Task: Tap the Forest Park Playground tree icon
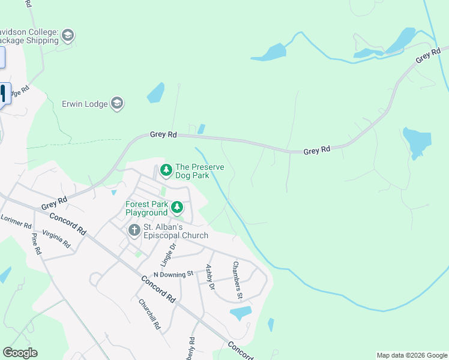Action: pyautogui.click(x=177, y=208)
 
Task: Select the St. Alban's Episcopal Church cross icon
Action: pyautogui.click(x=134, y=230)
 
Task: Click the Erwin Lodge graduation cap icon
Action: pyautogui.click(x=118, y=104)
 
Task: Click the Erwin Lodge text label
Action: pyautogui.click(x=85, y=104)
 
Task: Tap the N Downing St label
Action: pyautogui.click(x=173, y=274)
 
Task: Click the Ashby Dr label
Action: pyautogui.click(x=210, y=277)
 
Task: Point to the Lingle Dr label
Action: pyautogui.click(x=167, y=255)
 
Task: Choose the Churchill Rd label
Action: pyautogui.click(x=149, y=314)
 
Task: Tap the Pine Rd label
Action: pyautogui.click(x=36, y=244)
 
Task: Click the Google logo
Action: pyautogui.click(x=20, y=353)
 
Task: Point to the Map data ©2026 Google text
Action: pyautogui.click(x=411, y=355)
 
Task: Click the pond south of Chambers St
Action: pyautogui.click(x=241, y=313)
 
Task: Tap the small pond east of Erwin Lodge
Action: pyautogui.click(x=155, y=92)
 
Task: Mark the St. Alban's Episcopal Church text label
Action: pyautogui.click(x=175, y=232)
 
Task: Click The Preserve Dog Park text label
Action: pyautogui.click(x=192, y=171)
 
